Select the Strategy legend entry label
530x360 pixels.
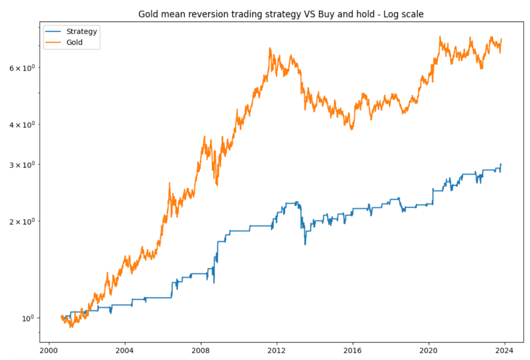(x=81, y=31)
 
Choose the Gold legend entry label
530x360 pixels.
(x=75, y=43)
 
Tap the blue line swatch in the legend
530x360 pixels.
(x=54, y=32)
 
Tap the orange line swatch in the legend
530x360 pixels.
(x=54, y=43)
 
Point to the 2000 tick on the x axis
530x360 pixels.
(x=49, y=350)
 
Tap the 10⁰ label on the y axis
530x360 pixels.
(x=29, y=317)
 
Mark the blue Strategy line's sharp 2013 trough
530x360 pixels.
(x=305, y=244)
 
